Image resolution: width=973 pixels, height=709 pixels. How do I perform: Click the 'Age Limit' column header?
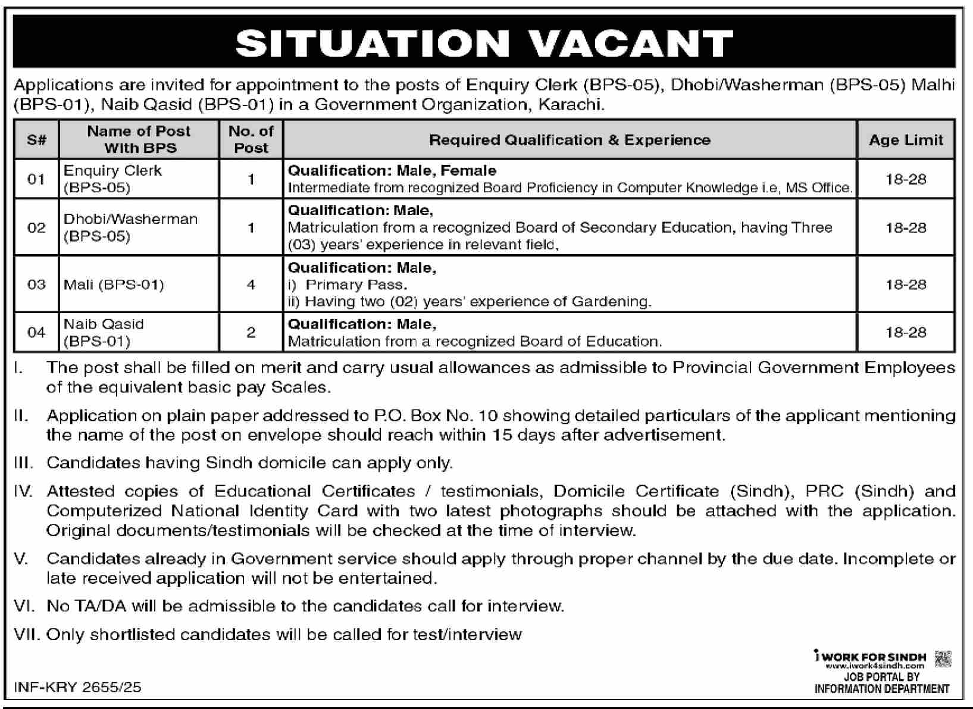pyautogui.click(x=906, y=140)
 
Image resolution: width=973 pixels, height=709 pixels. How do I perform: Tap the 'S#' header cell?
pyautogui.click(x=36, y=140)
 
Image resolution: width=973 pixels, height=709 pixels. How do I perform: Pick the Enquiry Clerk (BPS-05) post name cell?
pyautogui.click(x=112, y=179)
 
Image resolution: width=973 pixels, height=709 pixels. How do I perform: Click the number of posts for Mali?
pyautogui.click(x=251, y=285)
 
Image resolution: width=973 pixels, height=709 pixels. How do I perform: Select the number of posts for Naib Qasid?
pyautogui.click(x=251, y=332)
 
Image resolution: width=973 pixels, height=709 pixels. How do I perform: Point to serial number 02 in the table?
pyautogui.click(x=36, y=227)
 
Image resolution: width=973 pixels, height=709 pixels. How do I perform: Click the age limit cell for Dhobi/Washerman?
pyautogui.click(x=906, y=227)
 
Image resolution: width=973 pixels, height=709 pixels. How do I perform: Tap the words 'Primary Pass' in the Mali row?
pyautogui.click(x=356, y=285)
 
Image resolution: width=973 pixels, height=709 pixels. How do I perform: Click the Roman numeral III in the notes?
pyautogui.click(x=23, y=463)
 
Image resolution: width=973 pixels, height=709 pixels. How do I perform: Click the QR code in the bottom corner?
pyautogui.click(x=943, y=659)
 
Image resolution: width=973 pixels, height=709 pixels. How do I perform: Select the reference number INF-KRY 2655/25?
pyautogui.click(x=77, y=687)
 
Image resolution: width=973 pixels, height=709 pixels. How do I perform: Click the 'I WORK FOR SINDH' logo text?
pyautogui.click(x=870, y=657)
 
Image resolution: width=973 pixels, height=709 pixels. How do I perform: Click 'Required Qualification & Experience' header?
pyautogui.click(x=570, y=140)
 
